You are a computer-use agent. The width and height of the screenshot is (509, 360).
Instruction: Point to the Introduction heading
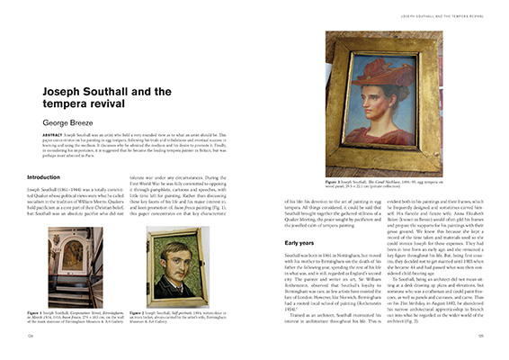45,176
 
